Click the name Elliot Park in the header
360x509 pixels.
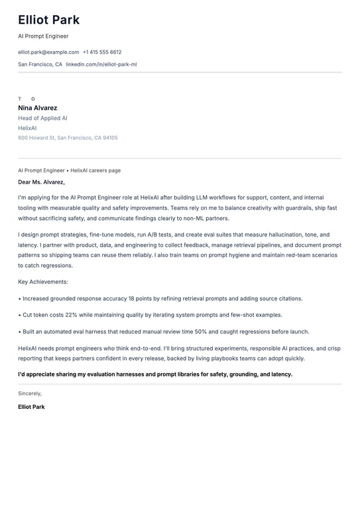(48, 20)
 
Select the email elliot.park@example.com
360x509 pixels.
(48, 52)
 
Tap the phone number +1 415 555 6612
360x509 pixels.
(102, 52)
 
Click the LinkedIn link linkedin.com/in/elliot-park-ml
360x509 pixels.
(101, 64)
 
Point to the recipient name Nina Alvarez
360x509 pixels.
(38, 108)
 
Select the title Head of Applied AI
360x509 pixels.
(42, 118)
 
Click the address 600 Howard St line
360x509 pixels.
(68, 138)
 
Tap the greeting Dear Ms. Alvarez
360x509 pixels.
(41, 182)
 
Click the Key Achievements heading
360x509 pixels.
(43, 282)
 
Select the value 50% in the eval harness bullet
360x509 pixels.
(201, 331)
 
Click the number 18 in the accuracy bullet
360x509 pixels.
(131, 298)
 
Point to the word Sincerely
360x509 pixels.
(30, 393)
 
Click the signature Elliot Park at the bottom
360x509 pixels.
(31, 407)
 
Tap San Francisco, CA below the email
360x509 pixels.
(40, 64)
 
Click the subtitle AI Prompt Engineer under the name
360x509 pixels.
(43, 36)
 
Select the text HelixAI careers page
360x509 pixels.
(95, 170)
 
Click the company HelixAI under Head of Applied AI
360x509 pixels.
(27, 128)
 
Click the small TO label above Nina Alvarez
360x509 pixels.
(27, 99)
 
